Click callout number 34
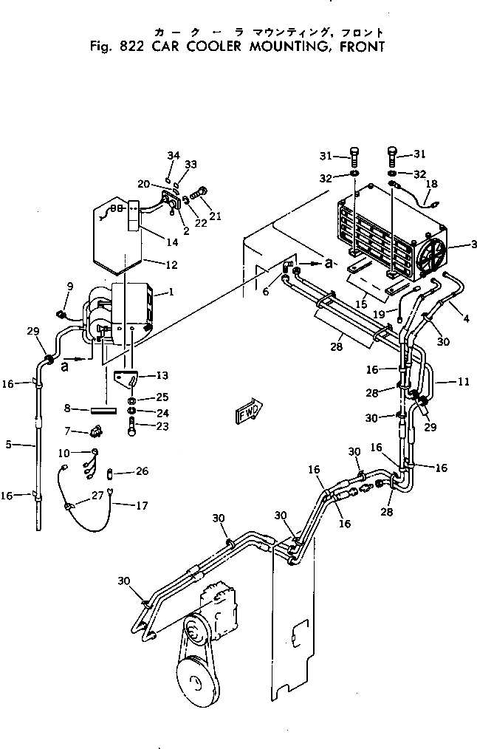[x=173, y=155]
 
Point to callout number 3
[x=463, y=244]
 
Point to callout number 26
[x=143, y=471]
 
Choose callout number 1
[x=171, y=292]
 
